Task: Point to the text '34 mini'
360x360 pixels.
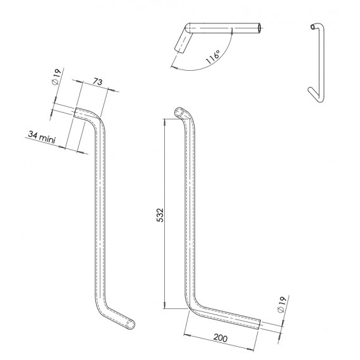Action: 42,134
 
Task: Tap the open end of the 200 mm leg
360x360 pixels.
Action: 258,325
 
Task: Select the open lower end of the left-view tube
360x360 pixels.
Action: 130,323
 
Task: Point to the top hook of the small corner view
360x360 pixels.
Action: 316,27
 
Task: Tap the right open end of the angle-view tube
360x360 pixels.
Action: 260,28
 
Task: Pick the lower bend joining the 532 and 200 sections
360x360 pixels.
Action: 192,309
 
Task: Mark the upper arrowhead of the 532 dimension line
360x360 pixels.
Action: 165,124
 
